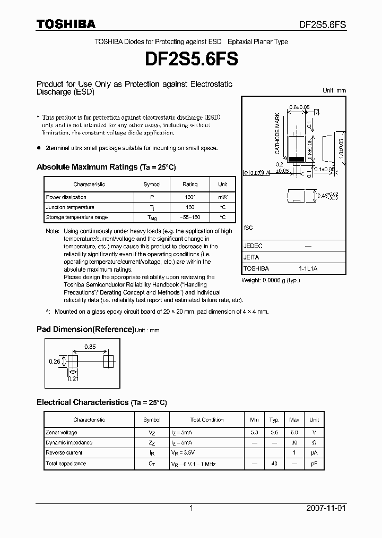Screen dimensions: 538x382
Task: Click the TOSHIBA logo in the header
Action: [x=66, y=24]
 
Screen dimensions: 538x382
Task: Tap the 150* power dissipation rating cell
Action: [x=189, y=197]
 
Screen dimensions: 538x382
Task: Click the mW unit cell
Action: [x=222, y=197]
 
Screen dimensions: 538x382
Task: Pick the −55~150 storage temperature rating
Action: [x=189, y=217]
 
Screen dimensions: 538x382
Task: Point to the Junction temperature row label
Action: [x=70, y=207]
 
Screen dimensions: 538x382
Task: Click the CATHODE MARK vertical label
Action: [x=277, y=133]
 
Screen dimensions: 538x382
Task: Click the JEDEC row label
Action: [x=253, y=246]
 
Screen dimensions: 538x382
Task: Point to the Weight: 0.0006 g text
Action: [x=271, y=280]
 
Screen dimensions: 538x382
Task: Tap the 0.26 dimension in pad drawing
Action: [x=54, y=361]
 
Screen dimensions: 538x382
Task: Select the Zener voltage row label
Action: [x=62, y=433]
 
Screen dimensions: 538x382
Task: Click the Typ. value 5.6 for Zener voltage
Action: [x=274, y=433]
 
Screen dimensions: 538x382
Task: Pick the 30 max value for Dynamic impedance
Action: [x=294, y=443]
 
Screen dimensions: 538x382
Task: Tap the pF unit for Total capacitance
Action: [x=314, y=464]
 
